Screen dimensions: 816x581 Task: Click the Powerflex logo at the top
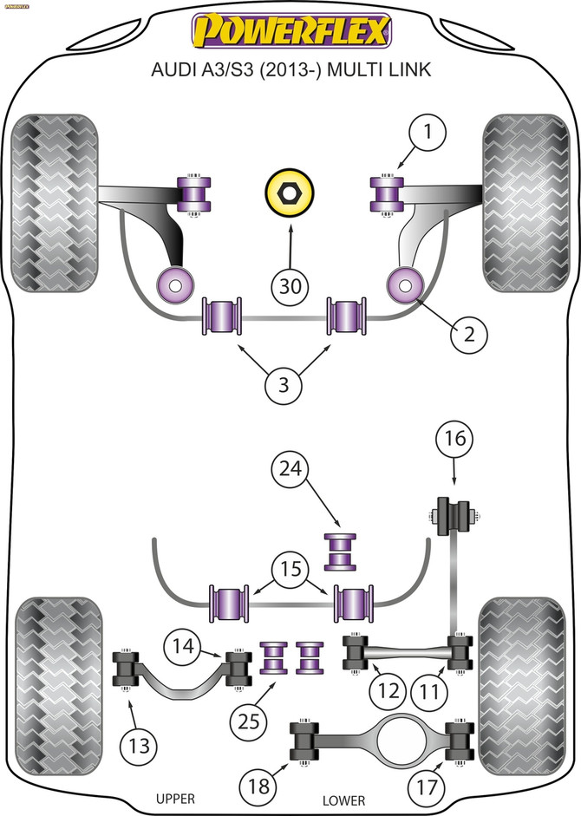[291, 33]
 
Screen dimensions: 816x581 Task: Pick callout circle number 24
[290, 470]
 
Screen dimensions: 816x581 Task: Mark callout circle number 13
[139, 744]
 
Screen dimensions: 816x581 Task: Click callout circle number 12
[386, 693]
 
